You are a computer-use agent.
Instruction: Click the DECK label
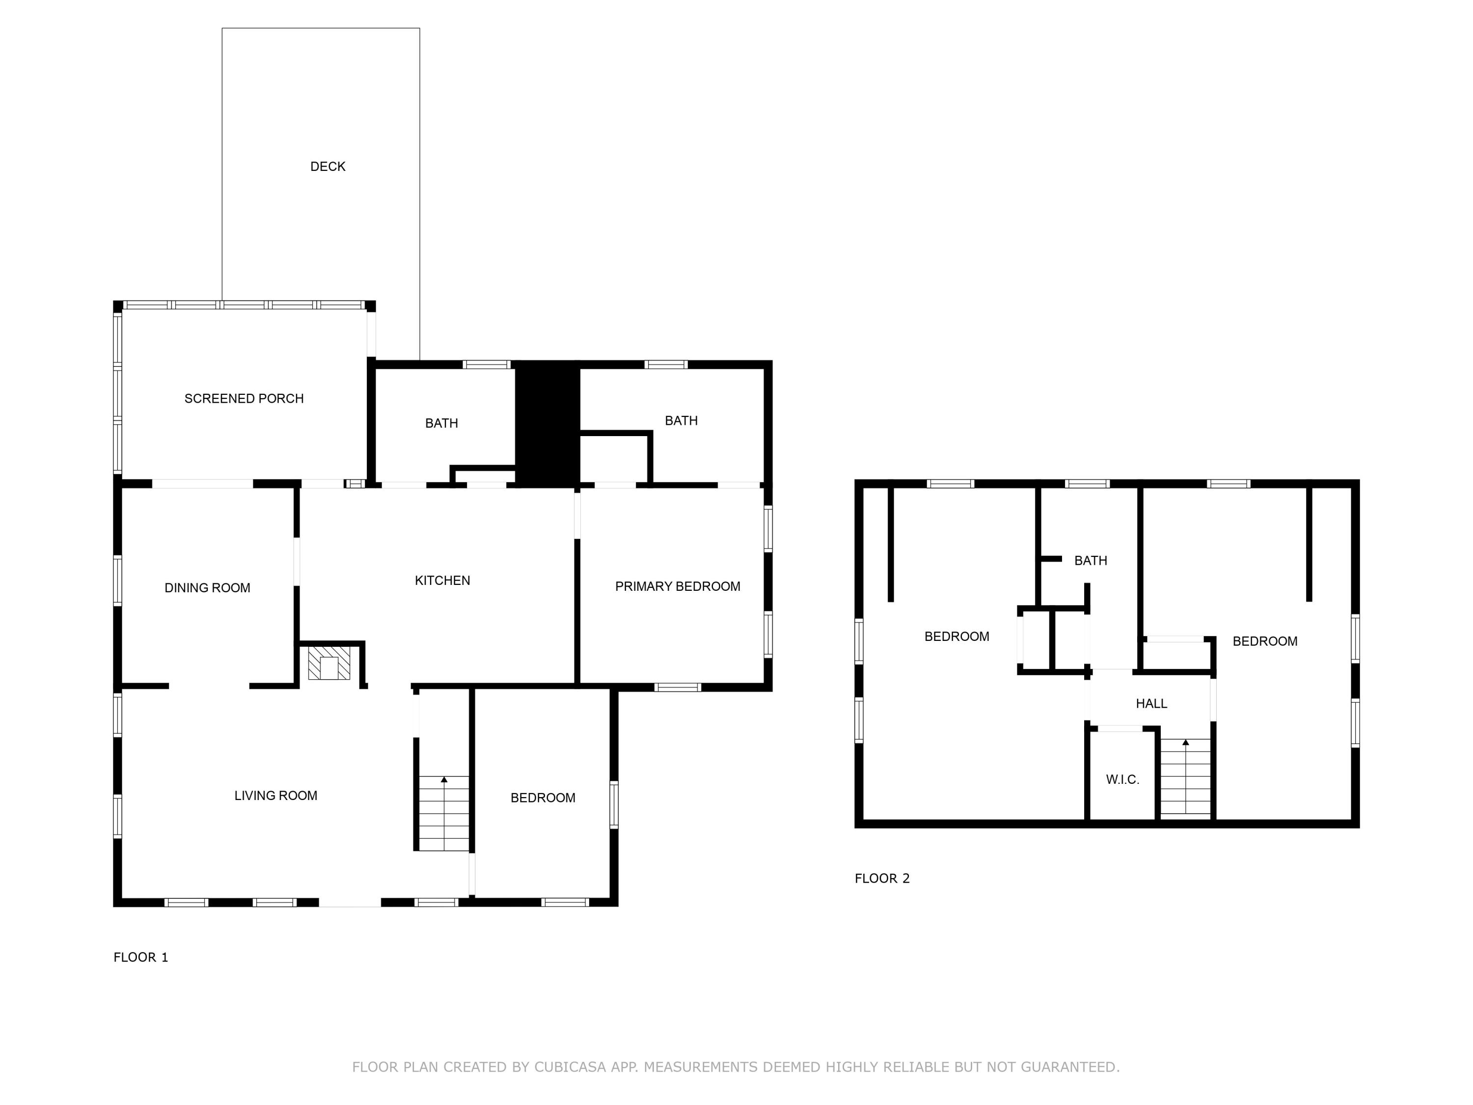(x=327, y=166)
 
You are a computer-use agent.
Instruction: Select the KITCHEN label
(x=442, y=580)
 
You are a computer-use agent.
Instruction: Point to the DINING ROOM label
(x=207, y=587)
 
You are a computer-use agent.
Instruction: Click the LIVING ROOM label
(x=275, y=795)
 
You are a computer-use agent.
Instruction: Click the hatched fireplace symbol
(x=329, y=663)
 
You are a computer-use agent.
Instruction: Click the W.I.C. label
(x=1123, y=779)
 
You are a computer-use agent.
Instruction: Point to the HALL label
(x=1151, y=703)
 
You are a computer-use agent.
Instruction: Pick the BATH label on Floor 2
(x=1091, y=561)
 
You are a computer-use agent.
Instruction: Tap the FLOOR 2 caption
(x=882, y=879)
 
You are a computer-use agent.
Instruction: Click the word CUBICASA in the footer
(x=570, y=1067)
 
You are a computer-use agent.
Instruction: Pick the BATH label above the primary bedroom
(x=681, y=420)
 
